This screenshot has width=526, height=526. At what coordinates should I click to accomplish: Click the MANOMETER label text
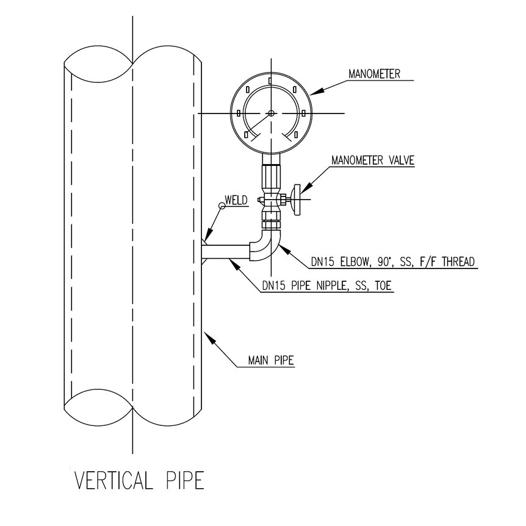tap(374, 74)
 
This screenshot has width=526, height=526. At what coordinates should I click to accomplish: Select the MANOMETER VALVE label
tap(373, 160)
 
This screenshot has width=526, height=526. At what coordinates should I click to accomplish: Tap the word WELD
tap(236, 200)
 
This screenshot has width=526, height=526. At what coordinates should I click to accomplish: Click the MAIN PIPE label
tap(271, 360)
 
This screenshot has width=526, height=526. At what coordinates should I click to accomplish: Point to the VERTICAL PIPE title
tap(139, 480)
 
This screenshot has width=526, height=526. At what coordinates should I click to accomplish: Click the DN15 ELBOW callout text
tap(393, 262)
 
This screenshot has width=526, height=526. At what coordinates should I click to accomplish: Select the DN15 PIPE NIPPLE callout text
tap(326, 286)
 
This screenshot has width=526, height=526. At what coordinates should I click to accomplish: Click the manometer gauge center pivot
tap(271, 113)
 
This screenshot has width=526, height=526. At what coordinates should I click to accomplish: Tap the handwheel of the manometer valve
tap(297, 200)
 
